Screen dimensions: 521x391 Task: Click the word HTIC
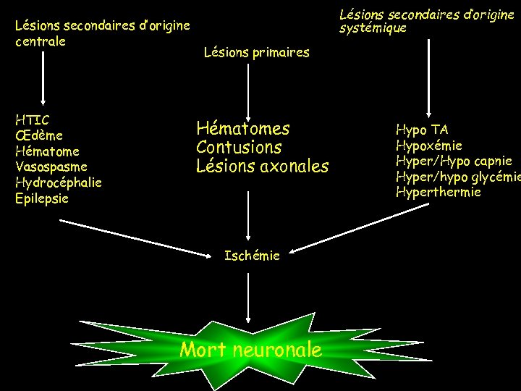coord(32,119)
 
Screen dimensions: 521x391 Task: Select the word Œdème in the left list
coord(38,135)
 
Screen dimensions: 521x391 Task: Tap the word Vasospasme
coord(51,167)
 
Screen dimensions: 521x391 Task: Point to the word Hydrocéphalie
coord(58,182)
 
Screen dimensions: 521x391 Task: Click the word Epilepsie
coord(42,198)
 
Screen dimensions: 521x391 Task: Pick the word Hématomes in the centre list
coord(242,129)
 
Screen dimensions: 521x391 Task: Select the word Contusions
coord(239,148)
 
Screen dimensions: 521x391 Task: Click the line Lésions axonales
coord(262,167)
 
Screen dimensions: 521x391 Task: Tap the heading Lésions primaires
coord(256,52)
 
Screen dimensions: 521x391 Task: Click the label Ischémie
coord(252,256)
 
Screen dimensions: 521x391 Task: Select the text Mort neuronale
coord(250,350)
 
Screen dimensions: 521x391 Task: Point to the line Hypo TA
coord(422,130)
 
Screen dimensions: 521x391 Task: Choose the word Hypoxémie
coord(429,146)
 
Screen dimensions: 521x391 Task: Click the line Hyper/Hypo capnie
coord(454,161)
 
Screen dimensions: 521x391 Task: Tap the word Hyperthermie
coord(438,192)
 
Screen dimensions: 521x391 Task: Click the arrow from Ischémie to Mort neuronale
coord(249,293)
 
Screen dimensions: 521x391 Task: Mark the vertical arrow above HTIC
coord(43,80)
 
